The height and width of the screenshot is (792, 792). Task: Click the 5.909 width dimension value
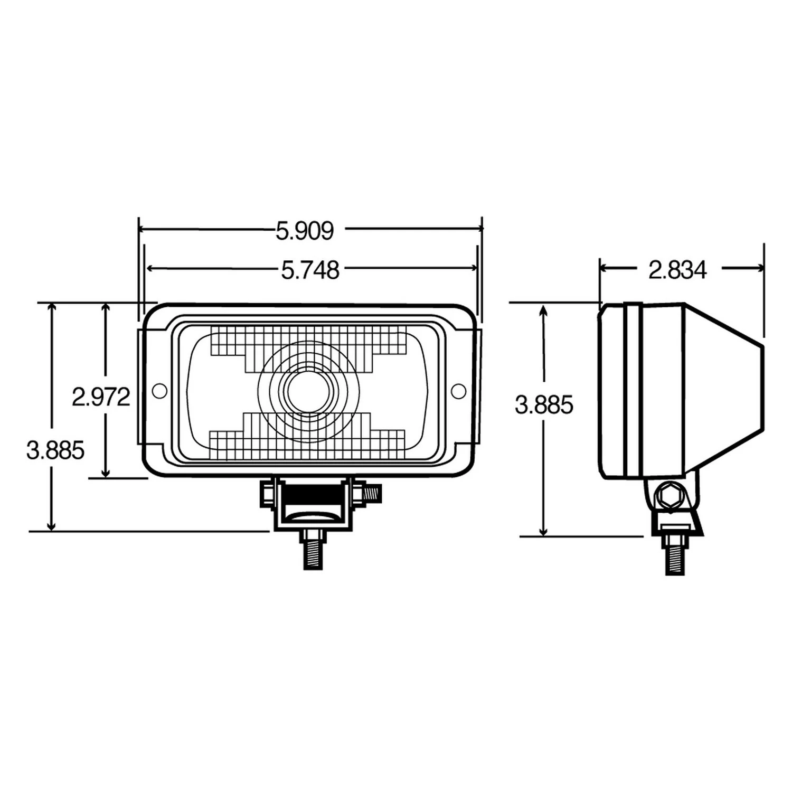[x=305, y=231]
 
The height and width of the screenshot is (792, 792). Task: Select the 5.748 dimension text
[x=310, y=270]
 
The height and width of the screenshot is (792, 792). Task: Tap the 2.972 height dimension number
[x=101, y=397]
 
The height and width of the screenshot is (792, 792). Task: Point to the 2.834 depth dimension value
[x=677, y=270]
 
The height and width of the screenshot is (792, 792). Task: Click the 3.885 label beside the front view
[x=55, y=451]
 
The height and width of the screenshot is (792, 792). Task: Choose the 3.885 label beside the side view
[x=544, y=406]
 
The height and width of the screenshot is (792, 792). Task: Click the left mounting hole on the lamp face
[x=159, y=391]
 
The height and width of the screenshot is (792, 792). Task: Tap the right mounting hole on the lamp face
[x=458, y=391]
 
